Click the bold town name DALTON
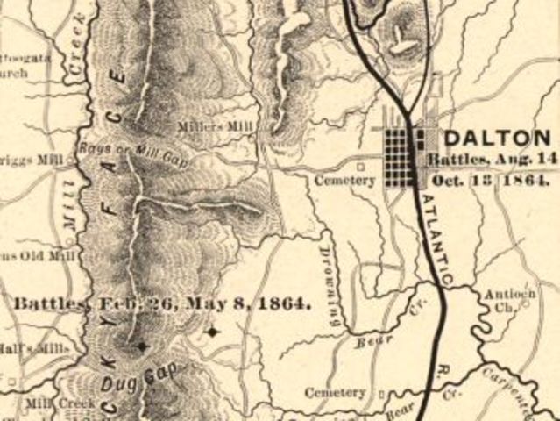(x=497, y=138)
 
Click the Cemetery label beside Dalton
(x=345, y=181)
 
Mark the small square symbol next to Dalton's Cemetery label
(x=360, y=164)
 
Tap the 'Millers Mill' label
(x=216, y=126)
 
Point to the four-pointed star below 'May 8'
(x=211, y=332)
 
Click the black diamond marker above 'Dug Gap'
(x=142, y=346)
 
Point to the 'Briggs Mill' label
(x=33, y=160)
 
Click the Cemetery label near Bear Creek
(x=334, y=392)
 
